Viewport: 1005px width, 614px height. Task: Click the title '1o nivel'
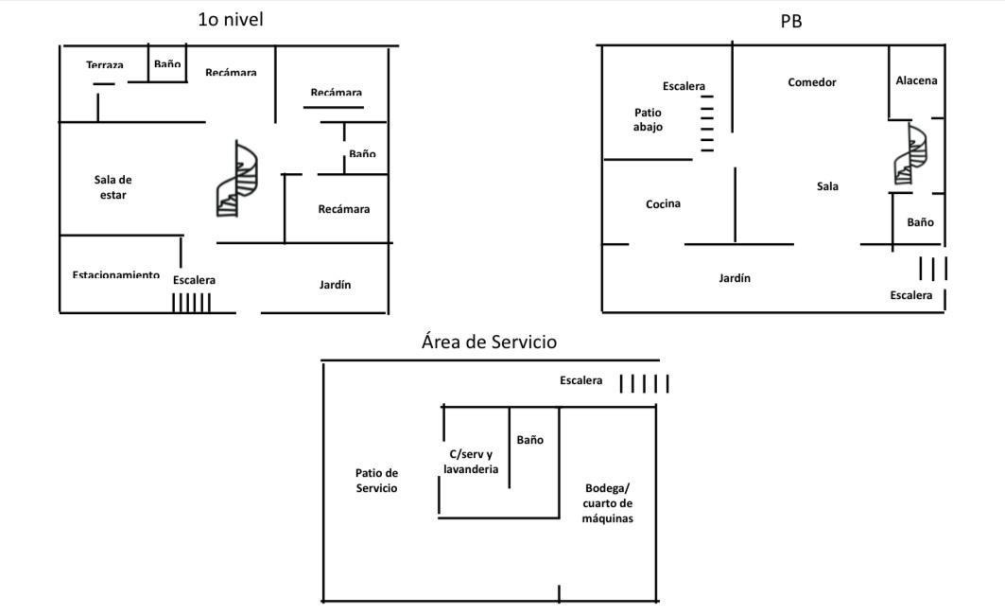point(231,19)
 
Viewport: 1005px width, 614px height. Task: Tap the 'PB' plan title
point(791,21)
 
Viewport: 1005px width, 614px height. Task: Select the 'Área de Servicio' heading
point(489,342)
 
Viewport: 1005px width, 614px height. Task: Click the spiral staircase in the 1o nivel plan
point(236,180)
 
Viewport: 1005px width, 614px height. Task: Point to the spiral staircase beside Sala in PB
point(910,154)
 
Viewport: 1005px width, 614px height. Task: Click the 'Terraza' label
point(104,65)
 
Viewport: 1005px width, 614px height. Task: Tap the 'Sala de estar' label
point(113,187)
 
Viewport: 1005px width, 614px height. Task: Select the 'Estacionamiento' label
point(115,274)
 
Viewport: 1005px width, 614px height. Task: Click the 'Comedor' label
point(812,82)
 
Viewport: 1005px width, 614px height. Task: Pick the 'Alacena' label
point(916,80)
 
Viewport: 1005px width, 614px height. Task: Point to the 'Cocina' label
point(663,203)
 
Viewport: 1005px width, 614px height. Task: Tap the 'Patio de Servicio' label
point(376,481)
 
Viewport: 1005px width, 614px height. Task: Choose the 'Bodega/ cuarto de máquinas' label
point(608,503)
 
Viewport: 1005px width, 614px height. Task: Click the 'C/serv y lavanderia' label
point(471,462)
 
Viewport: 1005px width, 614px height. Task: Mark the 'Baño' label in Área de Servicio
point(529,440)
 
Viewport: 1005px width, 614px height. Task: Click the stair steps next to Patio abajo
point(707,123)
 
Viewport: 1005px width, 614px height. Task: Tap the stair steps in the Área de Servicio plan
point(644,383)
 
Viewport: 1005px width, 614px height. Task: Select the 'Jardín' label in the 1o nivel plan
point(335,284)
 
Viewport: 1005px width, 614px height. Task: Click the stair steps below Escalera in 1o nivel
point(191,303)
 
